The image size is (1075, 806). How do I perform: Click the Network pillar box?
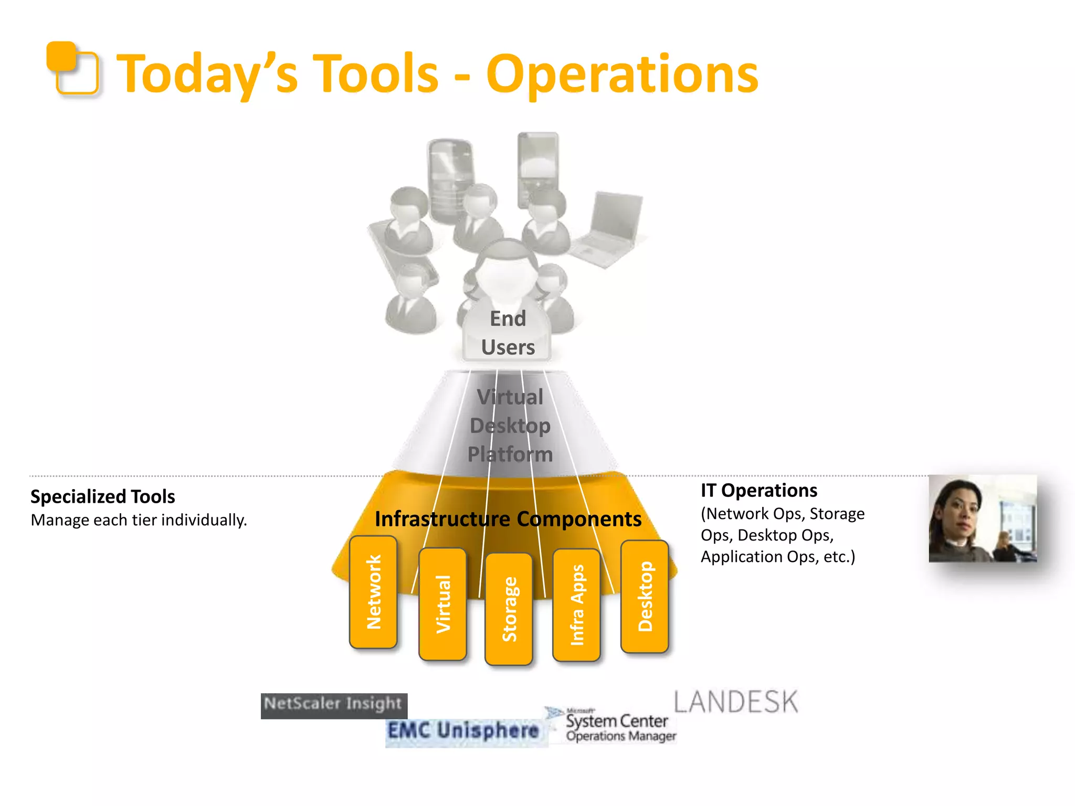(x=373, y=592)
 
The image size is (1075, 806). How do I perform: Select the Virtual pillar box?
(x=442, y=604)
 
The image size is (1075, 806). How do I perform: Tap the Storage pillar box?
(x=509, y=609)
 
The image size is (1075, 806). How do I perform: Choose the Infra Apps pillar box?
(x=576, y=604)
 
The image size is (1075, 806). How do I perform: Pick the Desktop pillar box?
(x=645, y=596)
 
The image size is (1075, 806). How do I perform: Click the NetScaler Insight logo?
(x=334, y=705)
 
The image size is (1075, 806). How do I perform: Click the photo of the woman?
(x=982, y=518)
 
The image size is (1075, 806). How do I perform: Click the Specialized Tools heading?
(x=103, y=496)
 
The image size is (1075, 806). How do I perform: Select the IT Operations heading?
(x=758, y=490)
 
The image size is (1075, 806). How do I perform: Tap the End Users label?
(x=508, y=333)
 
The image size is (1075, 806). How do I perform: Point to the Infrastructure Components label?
(x=508, y=519)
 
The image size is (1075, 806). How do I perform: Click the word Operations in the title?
(x=621, y=74)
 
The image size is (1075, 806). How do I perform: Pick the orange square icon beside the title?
(x=72, y=69)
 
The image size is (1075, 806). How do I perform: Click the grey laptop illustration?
(x=609, y=230)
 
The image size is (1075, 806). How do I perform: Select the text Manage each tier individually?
(x=139, y=520)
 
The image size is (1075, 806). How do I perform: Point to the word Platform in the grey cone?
(x=510, y=454)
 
